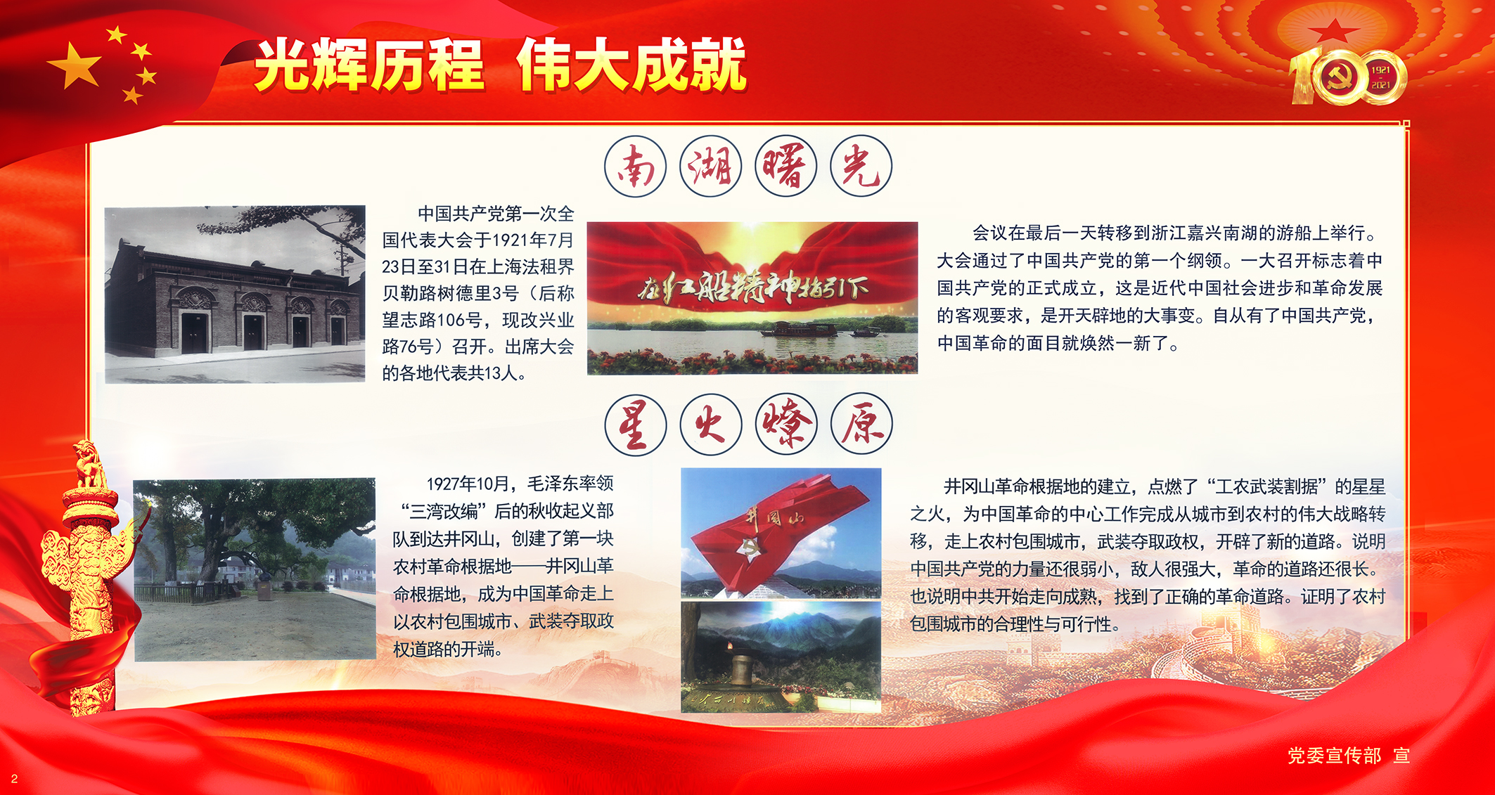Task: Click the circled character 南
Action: [635, 167]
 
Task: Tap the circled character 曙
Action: [785, 167]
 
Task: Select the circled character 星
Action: [635, 425]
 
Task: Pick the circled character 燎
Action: [786, 425]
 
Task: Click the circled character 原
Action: [861, 425]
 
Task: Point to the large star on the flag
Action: [74, 65]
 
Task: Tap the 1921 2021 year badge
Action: [1380, 77]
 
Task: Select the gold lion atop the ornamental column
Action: [89, 464]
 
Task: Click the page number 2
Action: [14, 779]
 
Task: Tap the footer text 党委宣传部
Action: [1334, 756]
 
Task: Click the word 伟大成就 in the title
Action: [631, 65]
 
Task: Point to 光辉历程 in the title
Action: [369, 65]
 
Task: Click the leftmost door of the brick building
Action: [195, 333]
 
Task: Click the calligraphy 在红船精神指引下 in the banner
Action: [752, 289]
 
